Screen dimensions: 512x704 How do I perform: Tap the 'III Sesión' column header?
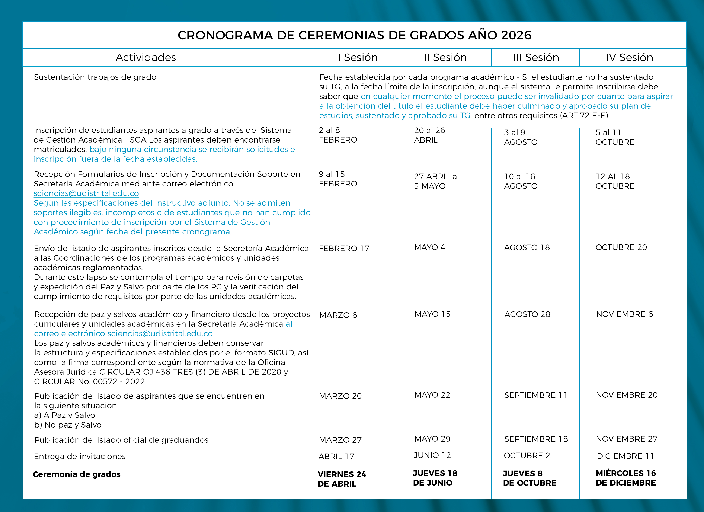(536, 57)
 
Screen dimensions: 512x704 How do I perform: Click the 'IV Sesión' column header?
(630, 57)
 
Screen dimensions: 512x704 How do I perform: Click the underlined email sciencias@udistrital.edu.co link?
(86, 193)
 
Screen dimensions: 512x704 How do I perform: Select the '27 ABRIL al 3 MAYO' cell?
(436, 181)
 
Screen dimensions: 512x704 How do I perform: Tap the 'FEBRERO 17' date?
(344, 248)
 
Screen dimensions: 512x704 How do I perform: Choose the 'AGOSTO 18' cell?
(527, 247)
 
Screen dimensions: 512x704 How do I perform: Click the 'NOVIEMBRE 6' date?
(624, 314)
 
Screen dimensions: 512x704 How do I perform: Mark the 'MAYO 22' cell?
(432, 395)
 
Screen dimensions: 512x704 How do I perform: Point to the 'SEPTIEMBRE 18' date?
(536, 439)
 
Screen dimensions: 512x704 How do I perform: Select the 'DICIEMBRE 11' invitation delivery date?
(625, 456)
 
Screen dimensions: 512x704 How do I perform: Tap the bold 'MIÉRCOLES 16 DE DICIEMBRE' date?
(626, 478)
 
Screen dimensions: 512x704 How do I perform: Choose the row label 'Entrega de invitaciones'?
(80, 456)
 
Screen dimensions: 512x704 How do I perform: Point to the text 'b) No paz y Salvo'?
(68, 425)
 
